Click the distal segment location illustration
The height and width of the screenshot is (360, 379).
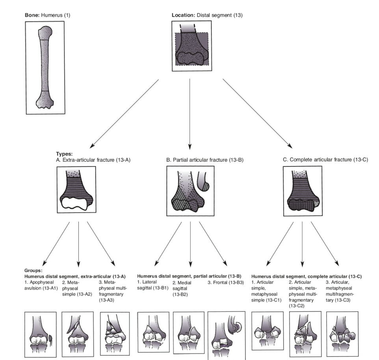(x=192, y=46)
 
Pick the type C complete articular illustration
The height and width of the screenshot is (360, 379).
(x=303, y=191)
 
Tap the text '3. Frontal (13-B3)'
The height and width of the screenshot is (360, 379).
(x=225, y=282)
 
